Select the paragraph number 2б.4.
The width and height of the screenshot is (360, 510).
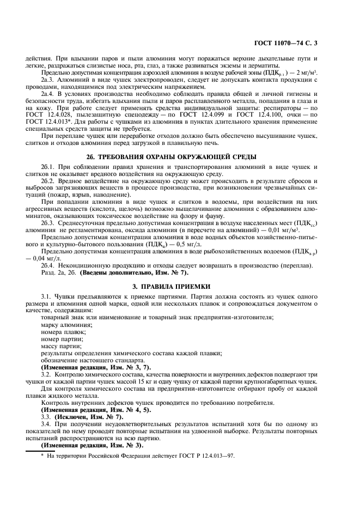[48, 265]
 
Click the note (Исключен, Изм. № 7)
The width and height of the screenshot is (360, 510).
[81, 416]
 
